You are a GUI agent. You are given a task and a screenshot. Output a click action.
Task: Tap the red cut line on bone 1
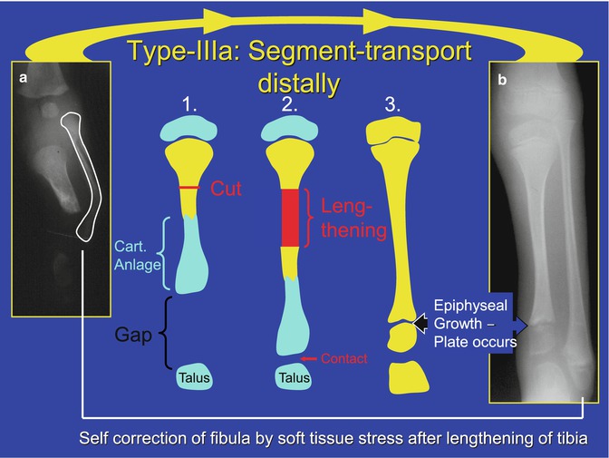(x=190, y=188)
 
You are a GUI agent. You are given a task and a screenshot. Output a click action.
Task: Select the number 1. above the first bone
(x=190, y=105)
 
